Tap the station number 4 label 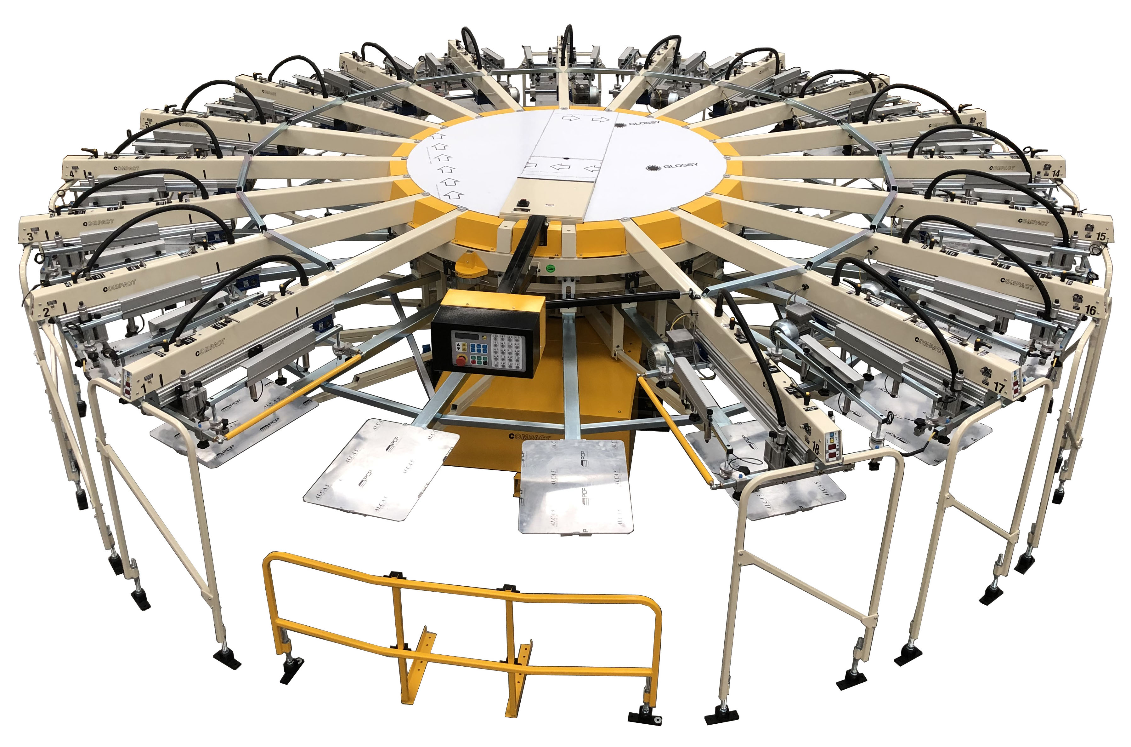point(71,174)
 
